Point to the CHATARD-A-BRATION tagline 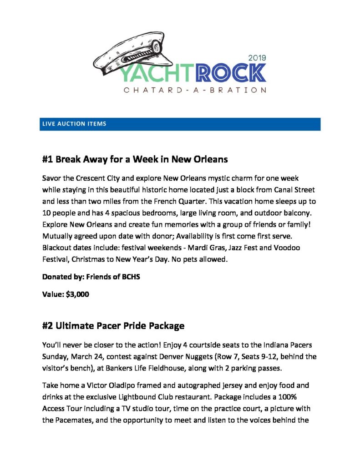click(195, 90)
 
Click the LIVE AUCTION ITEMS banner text click(74, 124)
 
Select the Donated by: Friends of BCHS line click(91, 277)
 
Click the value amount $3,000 click(77, 294)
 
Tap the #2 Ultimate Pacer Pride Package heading click(113, 326)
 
